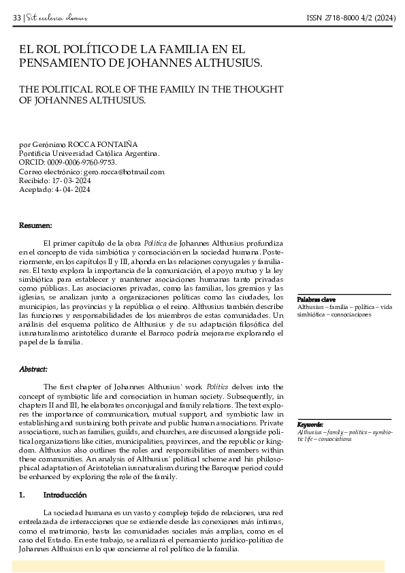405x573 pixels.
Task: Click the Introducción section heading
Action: pyautogui.click(x=65, y=495)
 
